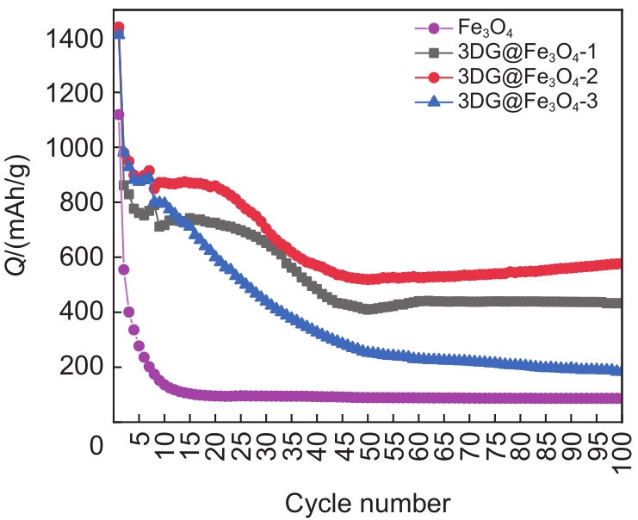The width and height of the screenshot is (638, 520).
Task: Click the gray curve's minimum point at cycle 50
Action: (x=369, y=308)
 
